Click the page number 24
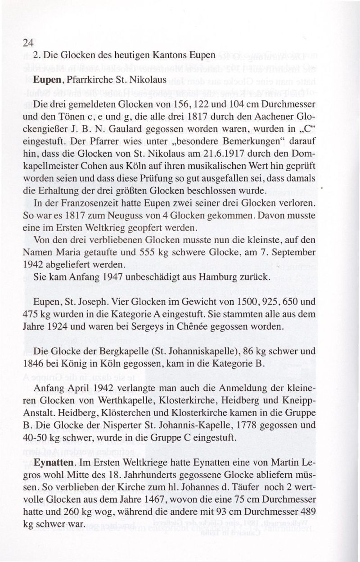tap(27, 44)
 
